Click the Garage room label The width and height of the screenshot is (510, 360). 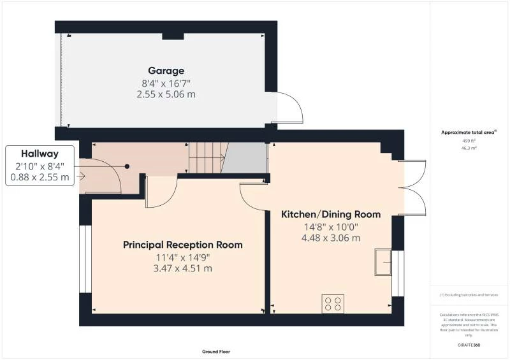[166, 71]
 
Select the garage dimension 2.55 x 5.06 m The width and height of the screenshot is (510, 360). [166, 94]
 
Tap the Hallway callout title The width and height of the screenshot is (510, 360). [40, 154]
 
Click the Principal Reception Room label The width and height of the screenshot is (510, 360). [183, 245]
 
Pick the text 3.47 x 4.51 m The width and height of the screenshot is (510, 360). [184, 268]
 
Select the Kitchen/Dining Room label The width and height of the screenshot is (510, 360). [331, 214]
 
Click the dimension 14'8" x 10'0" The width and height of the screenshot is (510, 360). [331, 226]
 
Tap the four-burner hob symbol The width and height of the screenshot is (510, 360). [333, 303]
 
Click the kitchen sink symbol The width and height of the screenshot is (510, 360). [383, 261]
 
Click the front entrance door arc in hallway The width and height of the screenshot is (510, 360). [106, 176]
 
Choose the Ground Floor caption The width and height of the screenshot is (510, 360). [215, 351]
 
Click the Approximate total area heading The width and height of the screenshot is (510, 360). [469, 133]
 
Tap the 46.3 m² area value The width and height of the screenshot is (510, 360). [469, 148]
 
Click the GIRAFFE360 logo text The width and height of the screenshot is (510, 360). [468, 345]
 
